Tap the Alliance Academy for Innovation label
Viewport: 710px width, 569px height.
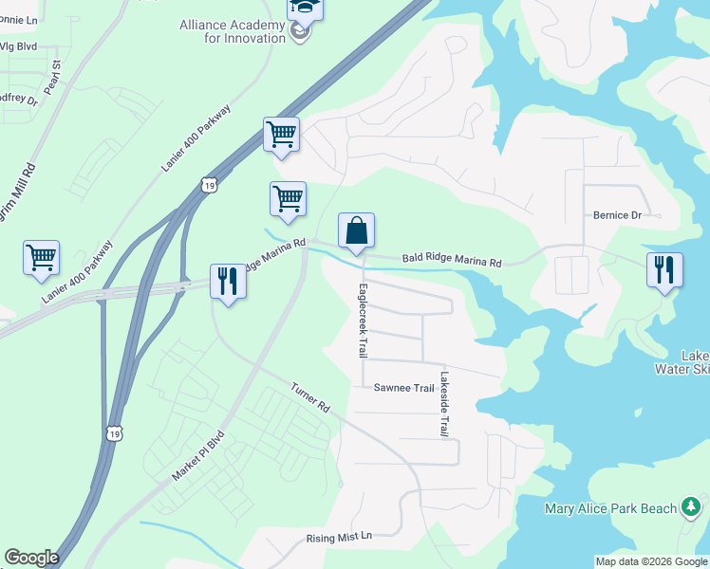click(233, 31)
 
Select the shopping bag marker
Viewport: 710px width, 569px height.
click(356, 231)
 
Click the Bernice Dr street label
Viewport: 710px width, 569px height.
click(618, 215)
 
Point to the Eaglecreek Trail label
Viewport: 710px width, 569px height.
click(362, 321)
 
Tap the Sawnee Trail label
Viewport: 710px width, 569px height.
click(403, 387)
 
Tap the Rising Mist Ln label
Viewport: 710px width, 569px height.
click(341, 538)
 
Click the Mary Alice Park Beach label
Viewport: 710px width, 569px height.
click(611, 508)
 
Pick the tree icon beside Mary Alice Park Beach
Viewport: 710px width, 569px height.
click(694, 509)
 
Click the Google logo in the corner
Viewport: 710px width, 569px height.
click(31, 558)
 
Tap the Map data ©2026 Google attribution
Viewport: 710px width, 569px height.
click(651, 561)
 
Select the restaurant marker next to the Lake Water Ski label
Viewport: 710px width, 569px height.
click(664, 269)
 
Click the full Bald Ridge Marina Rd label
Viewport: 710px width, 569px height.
click(451, 258)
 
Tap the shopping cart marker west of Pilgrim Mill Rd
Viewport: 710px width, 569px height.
click(42, 257)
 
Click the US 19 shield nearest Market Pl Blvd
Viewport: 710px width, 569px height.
click(114, 432)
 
